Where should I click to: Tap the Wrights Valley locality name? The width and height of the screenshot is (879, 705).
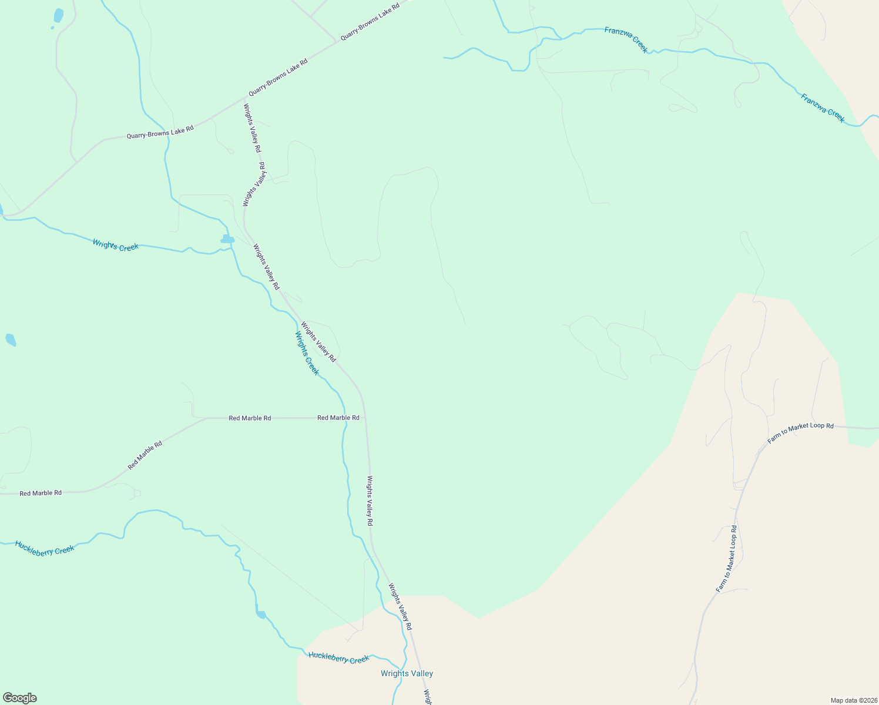pyautogui.click(x=407, y=673)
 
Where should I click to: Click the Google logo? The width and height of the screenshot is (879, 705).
pyautogui.click(x=19, y=698)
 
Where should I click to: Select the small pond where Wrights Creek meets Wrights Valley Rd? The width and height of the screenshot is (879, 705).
pyautogui.click(x=227, y=239)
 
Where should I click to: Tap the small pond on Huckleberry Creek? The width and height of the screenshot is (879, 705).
pyautogui.click(x=260, y=615)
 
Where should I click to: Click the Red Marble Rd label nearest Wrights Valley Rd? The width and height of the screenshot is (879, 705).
pyautogui.click(x=338, y=418)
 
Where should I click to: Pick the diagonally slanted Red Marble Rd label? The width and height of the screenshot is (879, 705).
pyautogui.click(x=145, y=455)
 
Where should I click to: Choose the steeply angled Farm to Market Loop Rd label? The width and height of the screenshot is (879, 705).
pyautogui.click(x=726, y=559)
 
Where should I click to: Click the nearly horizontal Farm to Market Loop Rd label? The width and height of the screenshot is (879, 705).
pyautogui.click(x=800, y=433)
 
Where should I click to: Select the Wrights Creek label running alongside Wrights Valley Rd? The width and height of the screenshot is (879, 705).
pyautogui.click(x=307, y=353)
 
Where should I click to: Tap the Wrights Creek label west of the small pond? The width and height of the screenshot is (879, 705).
pyautogui.click(x=115, y=245)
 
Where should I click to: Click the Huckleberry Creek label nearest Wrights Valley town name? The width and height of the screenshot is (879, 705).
pyautogui.click(x=338, y=658)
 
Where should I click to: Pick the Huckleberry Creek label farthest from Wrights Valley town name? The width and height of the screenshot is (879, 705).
pyautogui.click(x=45, y=548)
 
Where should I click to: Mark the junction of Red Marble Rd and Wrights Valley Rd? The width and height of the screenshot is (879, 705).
pyautogui.click(x=365, y=418)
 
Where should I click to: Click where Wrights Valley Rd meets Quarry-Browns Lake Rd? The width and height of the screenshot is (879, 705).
pyautogui.click(x=245, y=98)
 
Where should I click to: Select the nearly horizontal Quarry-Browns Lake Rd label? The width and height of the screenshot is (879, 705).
pyautogui.click(x=160, y=132)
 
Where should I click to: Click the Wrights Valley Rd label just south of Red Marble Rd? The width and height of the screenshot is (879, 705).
pyautogui.click(x=370, y=501)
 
